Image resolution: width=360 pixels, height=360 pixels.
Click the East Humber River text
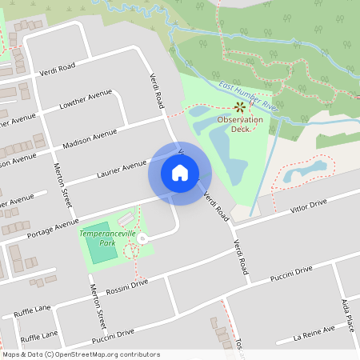(247, 95)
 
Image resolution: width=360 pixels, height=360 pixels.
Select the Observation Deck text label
(240, 124)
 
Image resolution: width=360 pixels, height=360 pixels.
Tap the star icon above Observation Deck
(239, 106)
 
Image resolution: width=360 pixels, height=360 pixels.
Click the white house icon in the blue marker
(180, 172)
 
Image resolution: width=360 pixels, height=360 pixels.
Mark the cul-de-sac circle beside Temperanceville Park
(142, 238)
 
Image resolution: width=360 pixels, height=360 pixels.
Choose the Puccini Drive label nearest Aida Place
(290, 272)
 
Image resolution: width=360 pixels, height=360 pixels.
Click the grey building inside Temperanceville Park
(126, 218)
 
